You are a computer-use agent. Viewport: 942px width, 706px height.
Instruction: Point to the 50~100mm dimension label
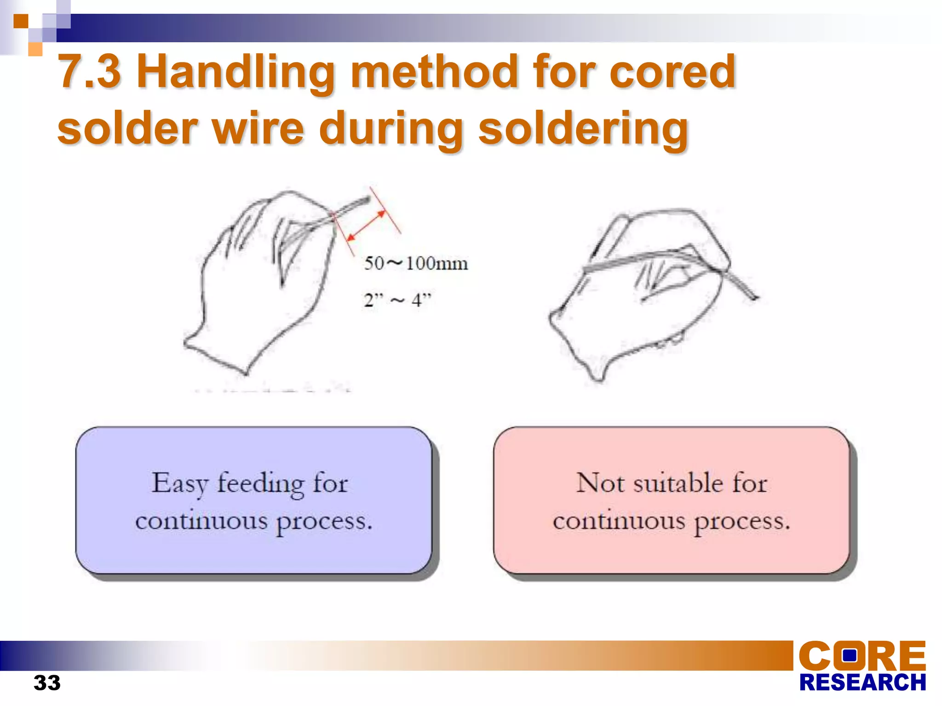[416, 264]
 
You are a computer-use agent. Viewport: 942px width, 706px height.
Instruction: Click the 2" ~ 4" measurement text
[397, 301]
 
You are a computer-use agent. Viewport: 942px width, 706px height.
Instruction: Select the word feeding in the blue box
[260, 484]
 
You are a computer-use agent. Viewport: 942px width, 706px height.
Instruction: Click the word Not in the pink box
[600, 483]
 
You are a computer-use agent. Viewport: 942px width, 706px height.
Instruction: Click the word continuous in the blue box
[201, 521]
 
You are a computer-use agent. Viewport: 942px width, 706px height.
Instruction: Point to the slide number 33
[47, 683]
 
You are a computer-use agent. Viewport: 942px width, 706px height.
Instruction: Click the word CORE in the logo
[862, 656]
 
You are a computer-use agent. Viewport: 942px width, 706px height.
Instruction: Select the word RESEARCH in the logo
[862, 683]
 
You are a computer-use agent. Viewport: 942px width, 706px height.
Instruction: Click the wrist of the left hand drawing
[216, 354]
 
